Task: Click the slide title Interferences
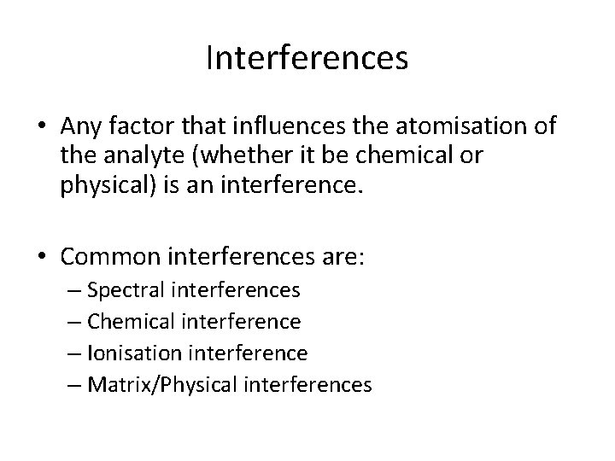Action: pos(307,59)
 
